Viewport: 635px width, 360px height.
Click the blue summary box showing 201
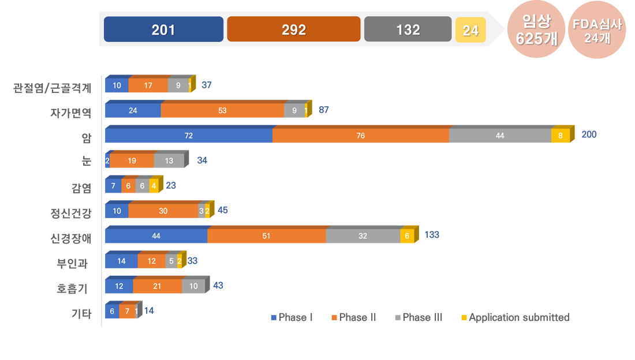163,29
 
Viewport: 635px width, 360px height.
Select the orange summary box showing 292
293,29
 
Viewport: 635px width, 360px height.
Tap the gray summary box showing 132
408,29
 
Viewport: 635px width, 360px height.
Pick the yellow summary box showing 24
470,30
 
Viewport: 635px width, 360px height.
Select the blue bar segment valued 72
188,136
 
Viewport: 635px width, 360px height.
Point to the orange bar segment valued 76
360,136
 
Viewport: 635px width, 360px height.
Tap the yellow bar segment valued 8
561,136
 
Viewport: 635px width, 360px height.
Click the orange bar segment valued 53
222,111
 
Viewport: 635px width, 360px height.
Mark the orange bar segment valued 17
148,85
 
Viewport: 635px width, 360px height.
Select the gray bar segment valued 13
169,161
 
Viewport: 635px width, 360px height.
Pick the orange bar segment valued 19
132,161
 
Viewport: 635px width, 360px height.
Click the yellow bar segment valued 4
153,186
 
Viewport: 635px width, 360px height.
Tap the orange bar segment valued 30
163,211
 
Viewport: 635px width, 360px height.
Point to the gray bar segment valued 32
363,236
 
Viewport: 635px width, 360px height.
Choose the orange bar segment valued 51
266,236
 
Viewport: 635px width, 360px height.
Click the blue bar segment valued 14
121,261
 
